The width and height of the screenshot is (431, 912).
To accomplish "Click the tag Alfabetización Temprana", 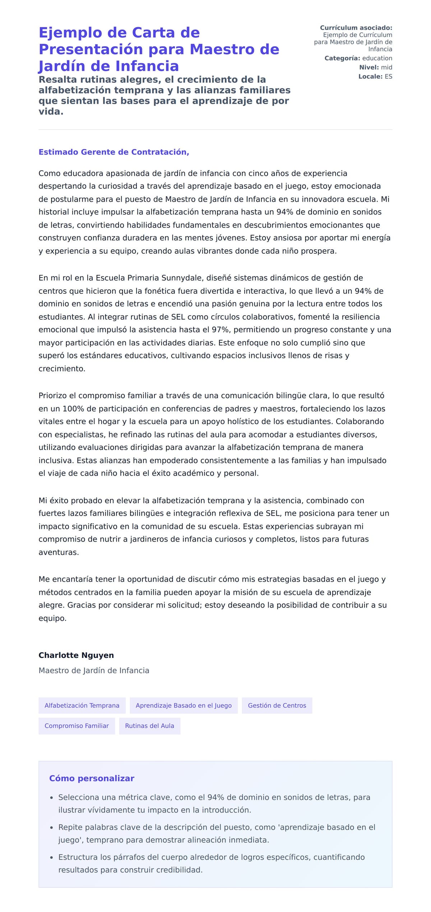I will (82, 705).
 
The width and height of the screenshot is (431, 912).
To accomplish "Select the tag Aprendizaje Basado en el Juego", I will (184, 705).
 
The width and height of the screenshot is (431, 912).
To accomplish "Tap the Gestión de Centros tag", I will (277, 705).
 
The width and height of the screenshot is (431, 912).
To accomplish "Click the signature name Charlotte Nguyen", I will (76, 655).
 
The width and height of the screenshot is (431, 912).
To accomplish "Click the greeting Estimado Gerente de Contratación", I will (113, 152).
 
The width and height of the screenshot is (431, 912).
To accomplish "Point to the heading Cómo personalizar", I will (92, 778).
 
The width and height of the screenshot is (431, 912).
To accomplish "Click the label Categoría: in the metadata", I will (342, 58).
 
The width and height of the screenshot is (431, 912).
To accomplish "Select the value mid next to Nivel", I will (386, 67).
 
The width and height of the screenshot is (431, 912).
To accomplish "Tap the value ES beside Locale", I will (388, 77).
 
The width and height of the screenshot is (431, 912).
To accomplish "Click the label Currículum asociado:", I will (356, 28).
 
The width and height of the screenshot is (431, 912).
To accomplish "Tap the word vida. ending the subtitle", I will (51, 111).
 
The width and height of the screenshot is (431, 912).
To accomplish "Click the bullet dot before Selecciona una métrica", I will (52, 798).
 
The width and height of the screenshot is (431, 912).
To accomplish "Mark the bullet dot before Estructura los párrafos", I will (52, 858).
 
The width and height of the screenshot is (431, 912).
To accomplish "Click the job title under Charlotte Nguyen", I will (94, 671).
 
